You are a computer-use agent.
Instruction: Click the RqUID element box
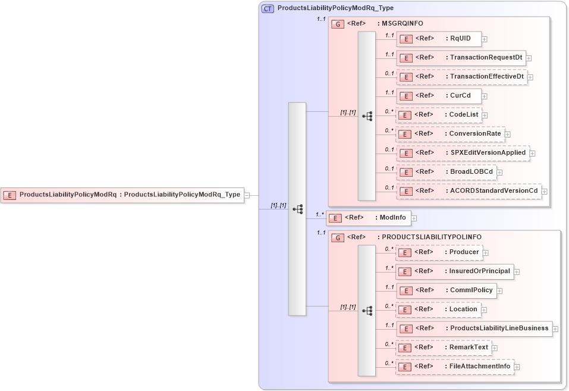[438, 39]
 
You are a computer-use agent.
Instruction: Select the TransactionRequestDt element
[461, 58]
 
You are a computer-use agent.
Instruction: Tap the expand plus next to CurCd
[485, 96]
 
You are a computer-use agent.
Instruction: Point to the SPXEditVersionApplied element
[462, 153]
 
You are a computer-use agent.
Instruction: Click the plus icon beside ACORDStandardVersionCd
[544, 192]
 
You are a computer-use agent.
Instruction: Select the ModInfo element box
[369, 218]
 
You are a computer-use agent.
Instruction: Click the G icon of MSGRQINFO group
[338, 24]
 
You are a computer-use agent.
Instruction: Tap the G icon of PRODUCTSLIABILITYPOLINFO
[338, 237]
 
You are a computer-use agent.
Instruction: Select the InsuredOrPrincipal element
[454, 271]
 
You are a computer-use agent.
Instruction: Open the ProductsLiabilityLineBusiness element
[473, 329]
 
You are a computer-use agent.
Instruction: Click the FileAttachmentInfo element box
[454, 367]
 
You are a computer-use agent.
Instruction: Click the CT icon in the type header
[268, 8]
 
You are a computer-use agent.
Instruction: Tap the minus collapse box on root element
[247, 195]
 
